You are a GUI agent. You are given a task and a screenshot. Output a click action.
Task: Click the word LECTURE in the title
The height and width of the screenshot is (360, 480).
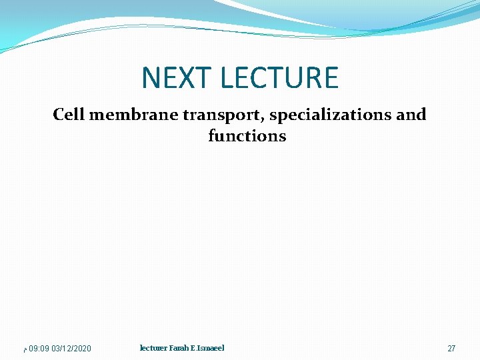pos(279,78)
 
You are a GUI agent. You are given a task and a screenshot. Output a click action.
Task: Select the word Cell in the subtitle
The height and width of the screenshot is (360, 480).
pos(69,115)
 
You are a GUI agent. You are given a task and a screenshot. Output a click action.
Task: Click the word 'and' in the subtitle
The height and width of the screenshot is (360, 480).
pos(411,115)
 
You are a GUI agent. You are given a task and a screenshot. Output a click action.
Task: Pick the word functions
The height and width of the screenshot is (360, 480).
pos(247,136)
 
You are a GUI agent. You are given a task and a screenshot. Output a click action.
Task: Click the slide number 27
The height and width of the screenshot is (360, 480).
pos(451,349)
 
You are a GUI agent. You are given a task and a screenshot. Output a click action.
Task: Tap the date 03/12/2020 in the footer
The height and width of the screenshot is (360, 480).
pos(71,349)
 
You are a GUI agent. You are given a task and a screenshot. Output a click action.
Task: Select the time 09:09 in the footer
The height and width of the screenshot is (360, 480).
pos(39,349)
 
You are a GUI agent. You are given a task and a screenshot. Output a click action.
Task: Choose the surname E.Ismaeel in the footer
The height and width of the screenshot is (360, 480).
pos(211,348)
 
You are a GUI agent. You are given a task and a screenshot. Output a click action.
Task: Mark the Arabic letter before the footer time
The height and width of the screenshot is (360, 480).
pos(25,349)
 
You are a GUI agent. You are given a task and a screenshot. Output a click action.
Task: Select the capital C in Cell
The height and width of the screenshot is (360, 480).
pos(58,115)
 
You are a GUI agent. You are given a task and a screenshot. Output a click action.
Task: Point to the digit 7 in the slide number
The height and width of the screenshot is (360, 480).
pos(454,349)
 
